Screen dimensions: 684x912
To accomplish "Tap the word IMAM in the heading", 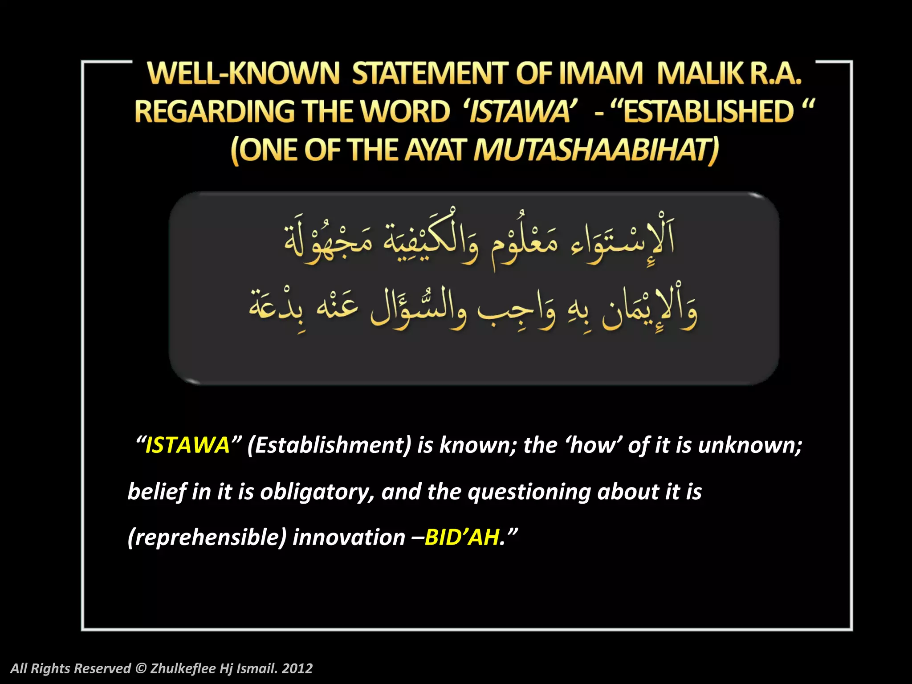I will point(601,73).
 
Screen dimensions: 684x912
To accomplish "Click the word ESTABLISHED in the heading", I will point(708,111).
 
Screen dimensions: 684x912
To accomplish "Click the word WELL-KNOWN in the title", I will point(244,73).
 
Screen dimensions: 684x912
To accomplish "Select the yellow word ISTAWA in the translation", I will point(187,445).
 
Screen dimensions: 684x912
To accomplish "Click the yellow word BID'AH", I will point(461,537).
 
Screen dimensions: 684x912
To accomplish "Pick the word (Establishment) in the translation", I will point(330,445).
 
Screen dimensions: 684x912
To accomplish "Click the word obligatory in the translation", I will point(317,492).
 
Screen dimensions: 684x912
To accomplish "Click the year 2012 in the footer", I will point(297,668).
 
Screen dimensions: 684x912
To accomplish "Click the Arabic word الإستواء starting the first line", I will point(623,243).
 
